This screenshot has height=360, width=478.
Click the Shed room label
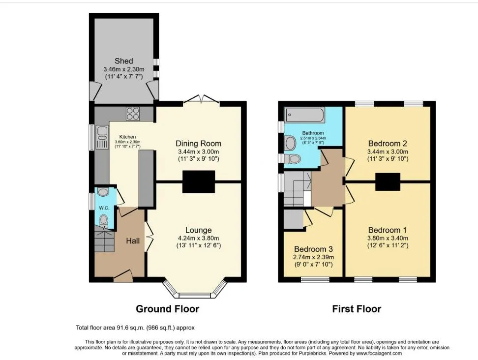[x=124, y=61]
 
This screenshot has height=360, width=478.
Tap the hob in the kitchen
[x=133, y=114]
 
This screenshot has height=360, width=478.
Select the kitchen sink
[x=102, y=138]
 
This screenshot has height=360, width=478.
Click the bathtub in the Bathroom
[x=305, y=116]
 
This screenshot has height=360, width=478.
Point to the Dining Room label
[x=199, y=143]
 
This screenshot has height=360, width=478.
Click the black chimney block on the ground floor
[x=199, y=181]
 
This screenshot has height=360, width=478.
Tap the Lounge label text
[x=199, y=230]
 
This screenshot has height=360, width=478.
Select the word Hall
[x=133, y=241]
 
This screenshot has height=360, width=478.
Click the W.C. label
[x=104, y=208]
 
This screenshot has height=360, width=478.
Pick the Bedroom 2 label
[x=388, y=143]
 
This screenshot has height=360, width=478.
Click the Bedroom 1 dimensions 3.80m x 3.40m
[x=388, y=239]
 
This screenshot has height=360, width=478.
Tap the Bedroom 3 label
[x=313, y=249]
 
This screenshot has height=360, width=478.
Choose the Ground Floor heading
[x=167, y=309]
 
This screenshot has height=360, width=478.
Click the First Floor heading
[x=357, y=309]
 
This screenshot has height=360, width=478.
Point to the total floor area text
[x=135, y=328]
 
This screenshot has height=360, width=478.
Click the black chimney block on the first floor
[x=388, y=181]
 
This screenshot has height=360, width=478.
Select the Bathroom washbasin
[x=290, y=143]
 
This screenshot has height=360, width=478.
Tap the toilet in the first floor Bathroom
[x=292, y=158]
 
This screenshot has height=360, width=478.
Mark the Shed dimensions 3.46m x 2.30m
[x=124, y=69]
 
